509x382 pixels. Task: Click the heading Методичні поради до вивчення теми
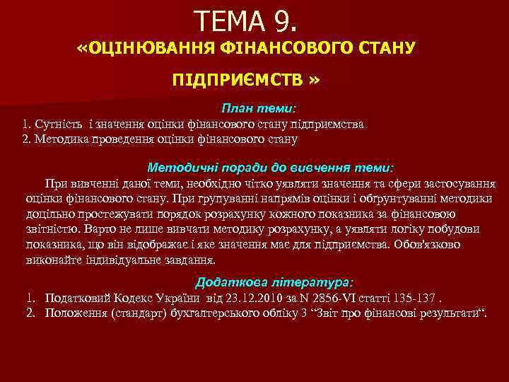pos(269,168)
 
